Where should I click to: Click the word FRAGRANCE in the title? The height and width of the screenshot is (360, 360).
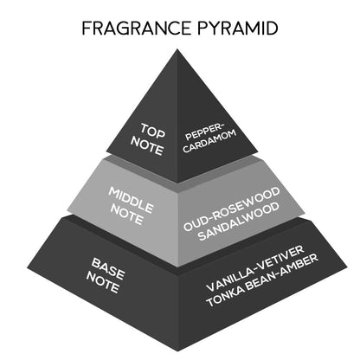click(136, 28)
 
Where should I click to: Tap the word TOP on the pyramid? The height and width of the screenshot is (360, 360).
click(152, 131)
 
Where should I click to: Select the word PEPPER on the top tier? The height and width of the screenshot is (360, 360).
click(203, 132)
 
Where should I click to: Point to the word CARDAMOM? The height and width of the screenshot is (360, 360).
click(209, 142)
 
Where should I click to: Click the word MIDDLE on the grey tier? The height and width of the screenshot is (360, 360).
click(131, 200)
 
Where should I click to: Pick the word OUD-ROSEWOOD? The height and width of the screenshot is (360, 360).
click(232, 209)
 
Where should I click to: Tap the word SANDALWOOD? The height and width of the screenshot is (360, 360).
click(239, 222)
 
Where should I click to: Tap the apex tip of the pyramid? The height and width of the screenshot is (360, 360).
click(177, 49)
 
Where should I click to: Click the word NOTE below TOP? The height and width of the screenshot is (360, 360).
click(147, 146)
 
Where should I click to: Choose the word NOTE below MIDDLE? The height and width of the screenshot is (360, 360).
click(126, 215)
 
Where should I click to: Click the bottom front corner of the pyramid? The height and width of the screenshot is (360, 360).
click(178, 351)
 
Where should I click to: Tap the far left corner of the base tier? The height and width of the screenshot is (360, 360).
click(28, 268)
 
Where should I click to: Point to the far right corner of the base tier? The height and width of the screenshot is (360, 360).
click(347, 267)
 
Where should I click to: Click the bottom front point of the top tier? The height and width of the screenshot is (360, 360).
click(177, 183)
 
